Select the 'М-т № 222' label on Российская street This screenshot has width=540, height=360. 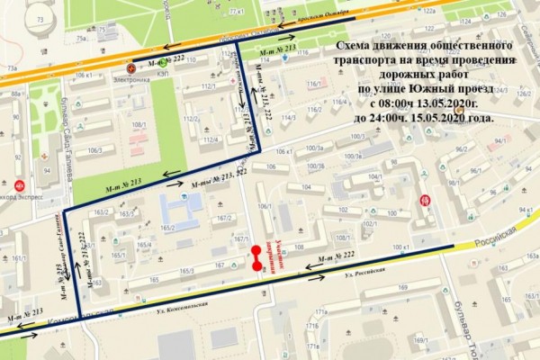point(337,258)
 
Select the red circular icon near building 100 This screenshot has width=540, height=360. point(438,200)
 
